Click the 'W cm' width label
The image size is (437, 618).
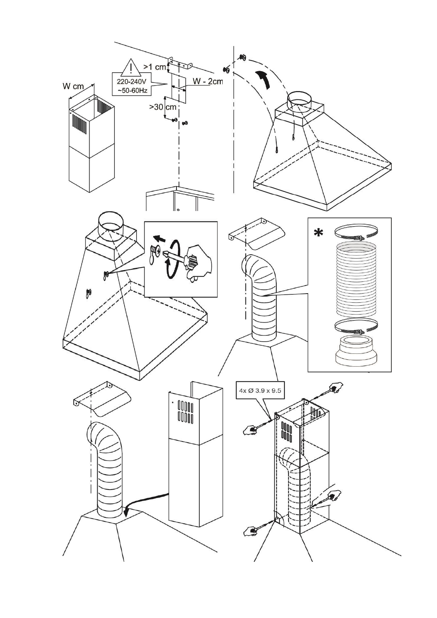(x=73, y=86)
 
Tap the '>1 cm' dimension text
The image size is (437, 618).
(x=154, y=67)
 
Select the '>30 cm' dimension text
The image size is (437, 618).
(x=163, y=107)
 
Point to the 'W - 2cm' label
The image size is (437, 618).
(x=207, y=81)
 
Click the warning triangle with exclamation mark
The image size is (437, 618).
(x=131, y=67)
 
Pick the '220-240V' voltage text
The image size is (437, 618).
(x=132, y=82)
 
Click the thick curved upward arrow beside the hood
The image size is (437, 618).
(x=263, y=80)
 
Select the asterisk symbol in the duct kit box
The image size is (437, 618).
(x=318, y=233)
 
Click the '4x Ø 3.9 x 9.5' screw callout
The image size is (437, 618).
(x=260, y=390)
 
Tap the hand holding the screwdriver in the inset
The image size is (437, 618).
(x=198, y=263)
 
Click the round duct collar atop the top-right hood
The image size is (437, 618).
(x=300, y=103)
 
